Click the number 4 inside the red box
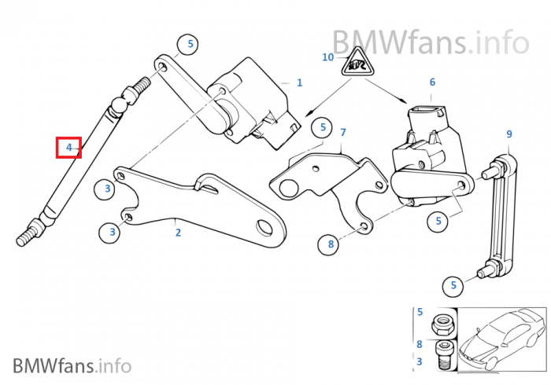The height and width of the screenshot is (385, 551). tap(68, 147)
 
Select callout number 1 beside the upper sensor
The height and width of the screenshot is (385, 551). tap(299, 82)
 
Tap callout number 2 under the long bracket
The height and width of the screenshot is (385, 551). tap(178, 232)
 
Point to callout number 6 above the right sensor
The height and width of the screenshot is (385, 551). tap(432, 82)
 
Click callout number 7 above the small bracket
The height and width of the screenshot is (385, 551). tap(342, 132)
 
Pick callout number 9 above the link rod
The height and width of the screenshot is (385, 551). tap(508, 134)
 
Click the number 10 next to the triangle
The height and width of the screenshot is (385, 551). tap(328, 57)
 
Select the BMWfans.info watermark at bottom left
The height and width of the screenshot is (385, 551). tap(72, 365)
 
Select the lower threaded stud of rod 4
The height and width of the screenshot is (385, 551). tap(29, 235)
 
